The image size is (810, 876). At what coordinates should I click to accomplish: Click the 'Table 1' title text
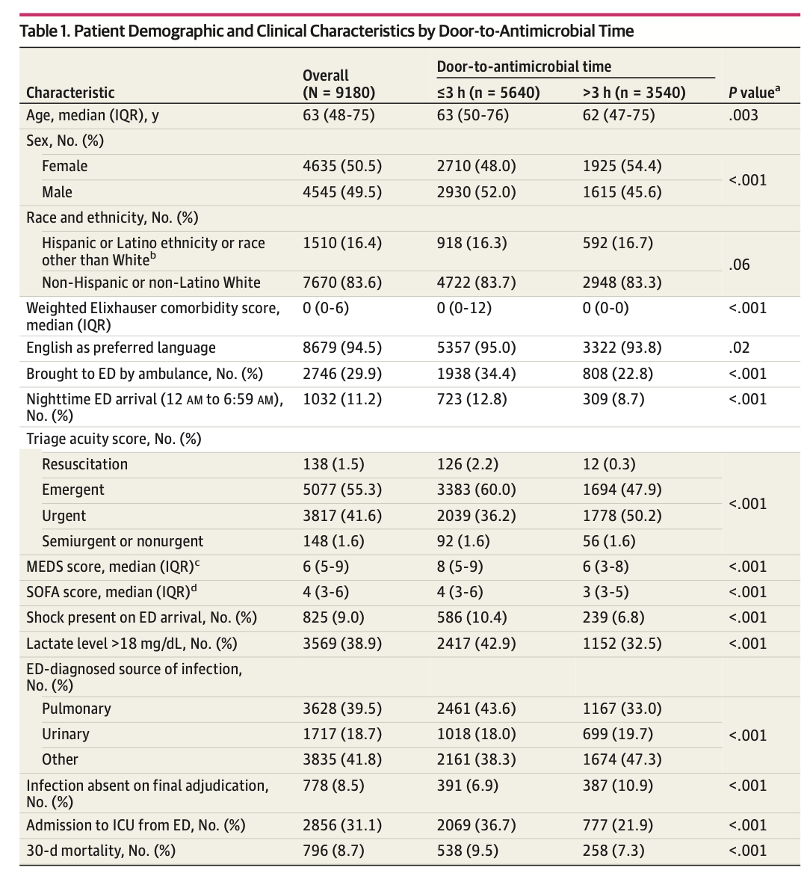tap(326, 31)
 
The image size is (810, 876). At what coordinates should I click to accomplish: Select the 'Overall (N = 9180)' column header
tap(338, 84)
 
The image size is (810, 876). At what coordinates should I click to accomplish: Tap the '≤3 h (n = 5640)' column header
tap(488, 93)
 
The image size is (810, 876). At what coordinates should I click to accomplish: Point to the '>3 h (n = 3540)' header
tap(634, 93)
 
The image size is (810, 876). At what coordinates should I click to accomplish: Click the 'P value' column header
tap(754, 93)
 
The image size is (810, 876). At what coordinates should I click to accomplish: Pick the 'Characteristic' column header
tap(70, 93)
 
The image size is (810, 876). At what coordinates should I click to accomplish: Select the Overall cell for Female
tap(341, 166)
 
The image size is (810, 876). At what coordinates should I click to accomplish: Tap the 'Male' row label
tap(57, 192)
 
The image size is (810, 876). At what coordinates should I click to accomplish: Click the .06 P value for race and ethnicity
tap(739, 265)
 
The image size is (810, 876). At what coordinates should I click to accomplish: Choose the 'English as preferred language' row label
tap(120, 348)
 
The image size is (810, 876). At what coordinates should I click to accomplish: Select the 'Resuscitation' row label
tap(84, 464)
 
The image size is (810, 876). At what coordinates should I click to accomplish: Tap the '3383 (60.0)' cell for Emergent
tap(476, 490)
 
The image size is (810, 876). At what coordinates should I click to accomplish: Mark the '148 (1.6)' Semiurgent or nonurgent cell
tap(333, 541)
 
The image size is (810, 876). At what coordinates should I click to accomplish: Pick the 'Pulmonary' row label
tap(76, 709)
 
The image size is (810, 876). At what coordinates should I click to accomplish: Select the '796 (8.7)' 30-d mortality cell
tap(333, 851)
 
